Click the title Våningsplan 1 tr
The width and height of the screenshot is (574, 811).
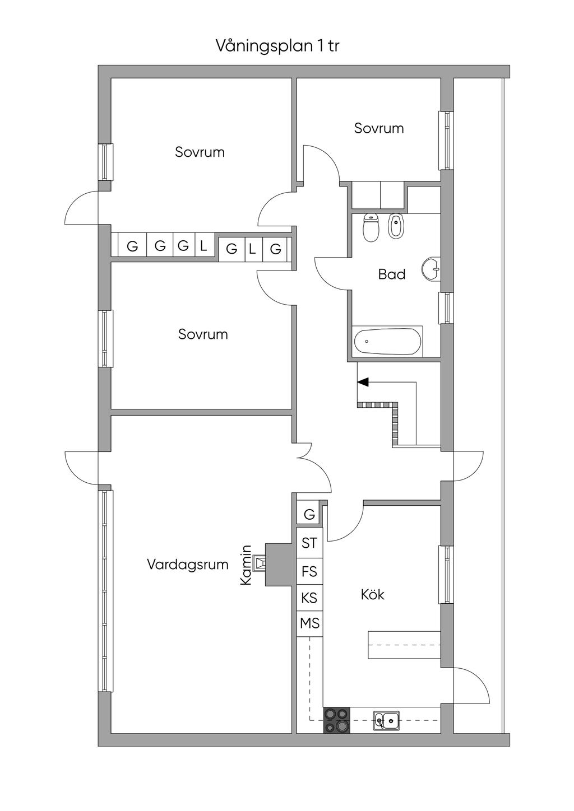(x=277, y=46)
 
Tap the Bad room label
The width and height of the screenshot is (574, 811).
(x=391, y=274)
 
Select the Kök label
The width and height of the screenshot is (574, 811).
(x=373, y=594)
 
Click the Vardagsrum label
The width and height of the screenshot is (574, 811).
(x=187, y=564)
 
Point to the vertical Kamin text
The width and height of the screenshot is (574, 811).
(x=246, y=566)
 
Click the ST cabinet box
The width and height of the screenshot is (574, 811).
(x=309, y=543)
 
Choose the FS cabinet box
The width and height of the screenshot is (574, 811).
(x=309, y=571)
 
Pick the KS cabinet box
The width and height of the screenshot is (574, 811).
(x=309, y=598)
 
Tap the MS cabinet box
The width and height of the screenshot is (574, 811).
(x=309, y=623)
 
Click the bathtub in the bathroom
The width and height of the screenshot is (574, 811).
(x=387, y=341)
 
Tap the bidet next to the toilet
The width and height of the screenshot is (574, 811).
(x=395, y=226)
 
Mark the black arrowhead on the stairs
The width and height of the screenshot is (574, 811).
(x=363, y=382)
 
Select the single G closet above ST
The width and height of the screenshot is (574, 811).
(x=309, y=514)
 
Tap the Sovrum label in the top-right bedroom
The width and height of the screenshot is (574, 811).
(x=379, y=128)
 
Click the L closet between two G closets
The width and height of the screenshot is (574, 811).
(x=252, y=249)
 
